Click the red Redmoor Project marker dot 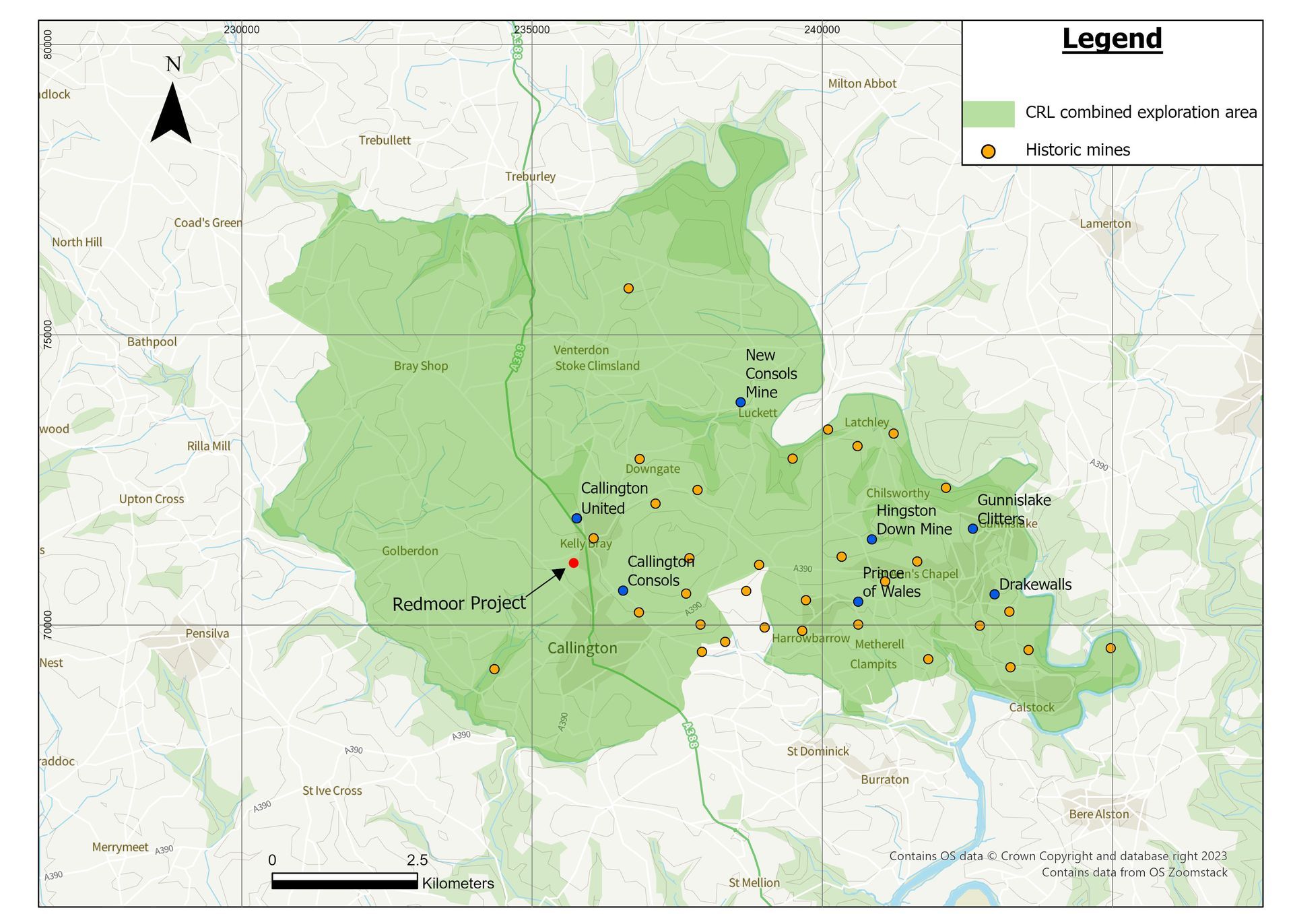point(573,562)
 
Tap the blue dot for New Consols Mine point(740,402)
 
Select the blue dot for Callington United point(576,518)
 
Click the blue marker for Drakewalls point(994,594)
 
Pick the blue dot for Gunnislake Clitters point(972,529)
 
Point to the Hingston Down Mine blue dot point(871,539)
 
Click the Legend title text point(1112,39)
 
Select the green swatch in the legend point(988,114)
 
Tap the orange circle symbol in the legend point(988,151)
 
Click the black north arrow point(171,115)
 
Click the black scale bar point(344,881)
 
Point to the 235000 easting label point(531,30)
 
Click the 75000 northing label point(47,334)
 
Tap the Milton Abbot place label point(862,84)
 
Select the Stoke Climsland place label point(597,366)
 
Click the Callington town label point(582,648)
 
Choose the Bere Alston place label point(1098,814)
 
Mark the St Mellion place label point(754,882)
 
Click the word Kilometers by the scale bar point(458,883)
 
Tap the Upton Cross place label point(152,499)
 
